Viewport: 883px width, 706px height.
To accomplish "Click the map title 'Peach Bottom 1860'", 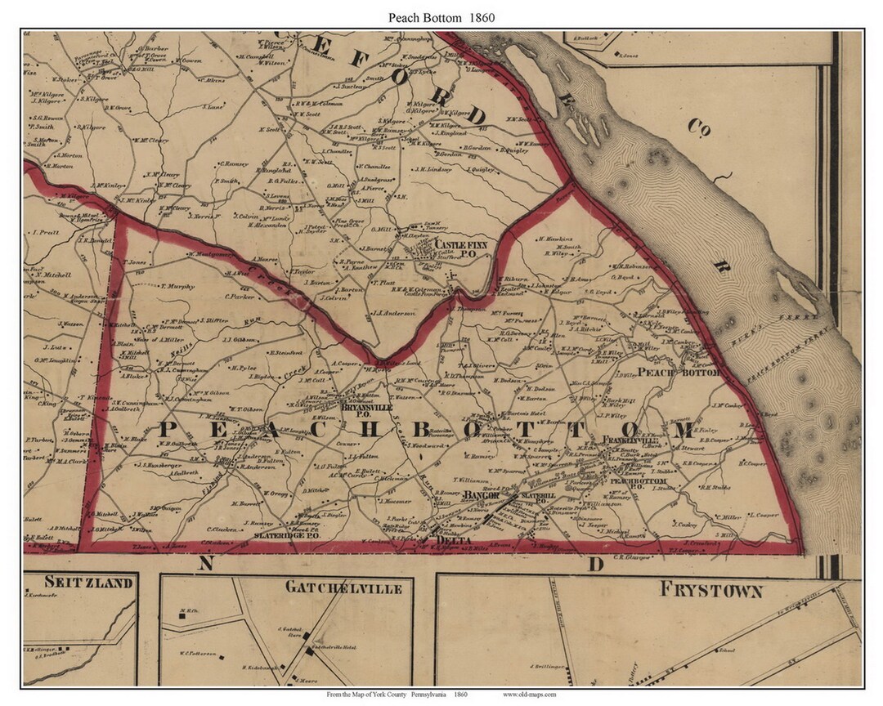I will (x=441, y=16).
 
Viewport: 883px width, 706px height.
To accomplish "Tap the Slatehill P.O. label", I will (x=538, y=498).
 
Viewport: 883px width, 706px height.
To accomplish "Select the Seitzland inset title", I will (x=78, y=583).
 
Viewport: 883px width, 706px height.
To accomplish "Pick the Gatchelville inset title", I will (x=332, y=588).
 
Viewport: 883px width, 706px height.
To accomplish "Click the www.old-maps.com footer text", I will (x=530, y=695).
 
